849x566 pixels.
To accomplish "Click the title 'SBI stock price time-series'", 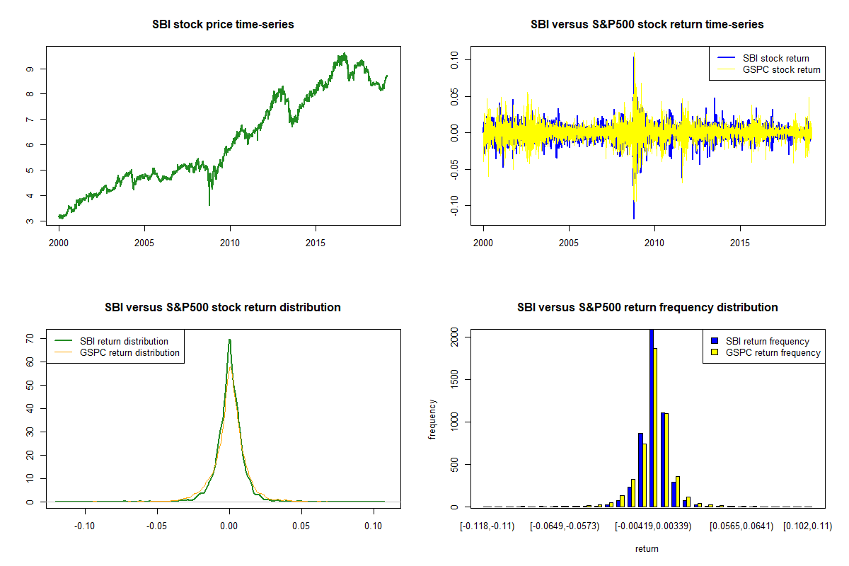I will (223, 25).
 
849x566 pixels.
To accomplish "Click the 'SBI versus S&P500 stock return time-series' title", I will (647, 25).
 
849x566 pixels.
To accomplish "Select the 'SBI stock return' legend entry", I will (775, 58).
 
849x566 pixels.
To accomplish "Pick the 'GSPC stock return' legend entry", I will (781, 69).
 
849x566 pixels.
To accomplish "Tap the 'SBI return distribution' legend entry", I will (124, 341).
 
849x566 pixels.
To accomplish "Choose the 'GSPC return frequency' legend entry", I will (773, 352).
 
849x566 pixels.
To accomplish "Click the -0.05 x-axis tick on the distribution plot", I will (157, 527).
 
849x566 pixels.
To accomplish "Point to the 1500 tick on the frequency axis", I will (454, 380).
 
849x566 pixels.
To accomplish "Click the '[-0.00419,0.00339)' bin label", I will (652, 527).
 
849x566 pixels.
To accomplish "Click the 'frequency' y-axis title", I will (433, 419).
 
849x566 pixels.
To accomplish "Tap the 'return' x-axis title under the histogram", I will (647, 548).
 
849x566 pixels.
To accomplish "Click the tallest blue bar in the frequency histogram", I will (651, 417).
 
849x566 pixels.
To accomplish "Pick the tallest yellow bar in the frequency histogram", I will (656, 427).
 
